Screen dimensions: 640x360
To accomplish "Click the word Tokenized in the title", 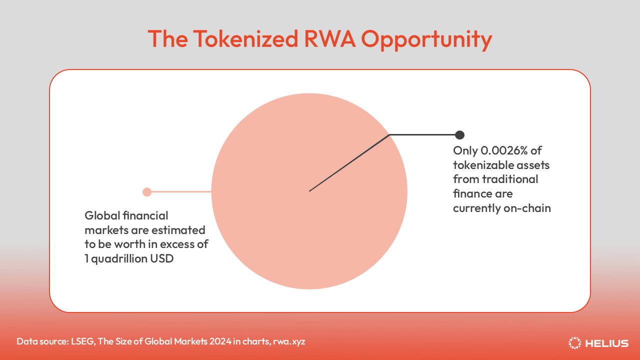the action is point(245,39).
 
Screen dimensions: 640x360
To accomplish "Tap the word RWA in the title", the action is point(329,39).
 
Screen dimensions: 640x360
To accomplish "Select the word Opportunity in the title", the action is point(426,40).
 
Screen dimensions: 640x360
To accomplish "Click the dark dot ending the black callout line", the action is point(459,135).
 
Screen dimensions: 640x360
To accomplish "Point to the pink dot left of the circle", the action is point(147,192).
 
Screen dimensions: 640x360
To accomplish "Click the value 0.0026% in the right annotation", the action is point(504,150).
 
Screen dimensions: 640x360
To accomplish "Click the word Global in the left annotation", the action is point(102,215).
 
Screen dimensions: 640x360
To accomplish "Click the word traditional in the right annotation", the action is point(510,179).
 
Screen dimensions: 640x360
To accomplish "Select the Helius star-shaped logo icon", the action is point(574,343).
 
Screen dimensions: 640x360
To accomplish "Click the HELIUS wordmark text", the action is point(607,343).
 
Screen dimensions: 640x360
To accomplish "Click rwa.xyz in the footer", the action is point(289,341).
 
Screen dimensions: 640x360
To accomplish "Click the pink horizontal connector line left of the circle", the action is point(181,191).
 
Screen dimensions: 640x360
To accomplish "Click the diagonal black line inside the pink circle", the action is point(349,163).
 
